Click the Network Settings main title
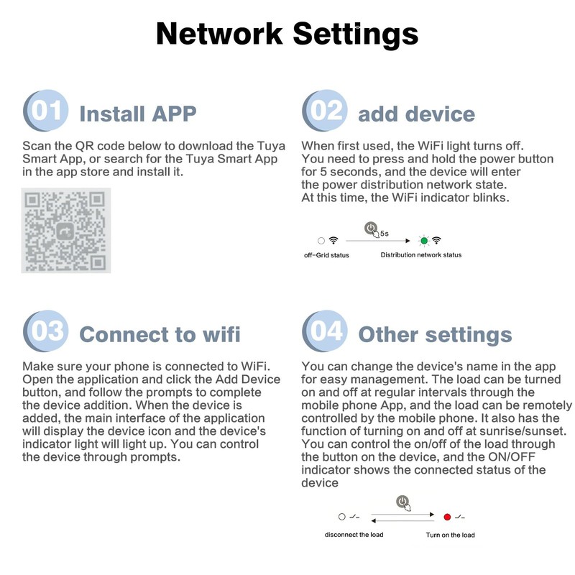[x=287, y=34]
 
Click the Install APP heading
[x=137, y=114]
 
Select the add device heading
[x=416, y=114]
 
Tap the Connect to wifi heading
[x=160, y=334]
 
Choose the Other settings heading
[x=435, y=334]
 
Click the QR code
[x=66, y=230]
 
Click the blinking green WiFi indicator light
[x=424, y=241]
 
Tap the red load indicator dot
[x=447, y=517]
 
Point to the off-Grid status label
[x=326, y=255]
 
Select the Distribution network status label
[x=421, y=255]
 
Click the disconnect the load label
[x=353, y=535]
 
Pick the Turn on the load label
[x=450, y=535]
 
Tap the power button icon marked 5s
[x=372, y=229]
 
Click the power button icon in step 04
[x=403, y=503]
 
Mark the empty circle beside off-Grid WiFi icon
[x=321, y=241]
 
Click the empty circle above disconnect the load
[x=342, y=517]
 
